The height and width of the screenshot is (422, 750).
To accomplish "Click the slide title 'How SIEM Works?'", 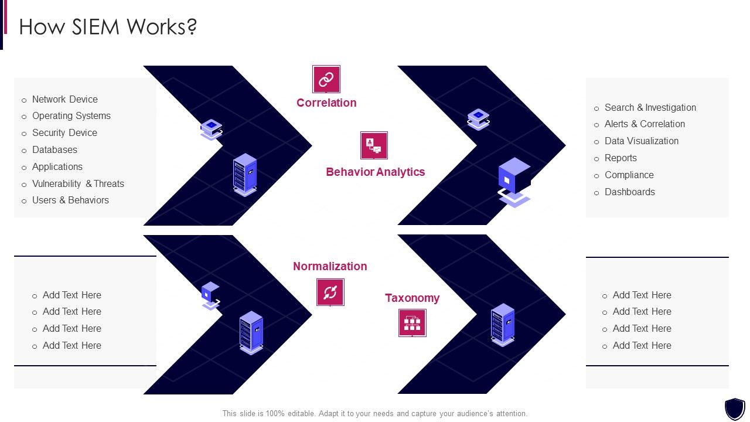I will click(x=108, y=27).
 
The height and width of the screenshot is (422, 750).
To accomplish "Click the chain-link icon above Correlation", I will click(x=326, y=79).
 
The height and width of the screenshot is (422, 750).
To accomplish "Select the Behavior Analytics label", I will click(x=375, y=172).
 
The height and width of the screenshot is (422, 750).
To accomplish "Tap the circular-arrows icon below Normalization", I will click(x=330, y=292).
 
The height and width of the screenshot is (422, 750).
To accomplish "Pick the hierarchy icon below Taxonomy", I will click(x=412, y=323).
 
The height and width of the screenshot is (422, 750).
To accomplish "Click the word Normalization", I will click(x=330, y=266).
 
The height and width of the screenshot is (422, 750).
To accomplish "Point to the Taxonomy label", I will click(x=412, y=298).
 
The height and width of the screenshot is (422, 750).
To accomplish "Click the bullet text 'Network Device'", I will click(x=64, y=99).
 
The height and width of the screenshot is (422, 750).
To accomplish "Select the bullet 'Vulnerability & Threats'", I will click(x=78, y=183).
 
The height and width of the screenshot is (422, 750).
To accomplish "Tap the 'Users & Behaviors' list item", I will click(x=70, y=200).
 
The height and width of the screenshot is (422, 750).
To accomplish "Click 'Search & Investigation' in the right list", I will click(x=650, y=107).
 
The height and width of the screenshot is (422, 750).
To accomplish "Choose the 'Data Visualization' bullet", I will click(x=641, y=141).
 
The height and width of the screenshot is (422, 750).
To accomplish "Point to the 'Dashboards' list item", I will click(x=629, y=192).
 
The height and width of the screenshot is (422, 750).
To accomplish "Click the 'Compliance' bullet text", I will click(x=629, y=175).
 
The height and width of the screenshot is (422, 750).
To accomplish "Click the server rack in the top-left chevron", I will click(x=245, y=174).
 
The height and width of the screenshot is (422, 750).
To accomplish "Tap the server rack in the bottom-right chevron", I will click(x=503, y=324).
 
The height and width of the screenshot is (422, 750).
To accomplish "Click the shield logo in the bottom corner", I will click(x=735, y=408).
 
